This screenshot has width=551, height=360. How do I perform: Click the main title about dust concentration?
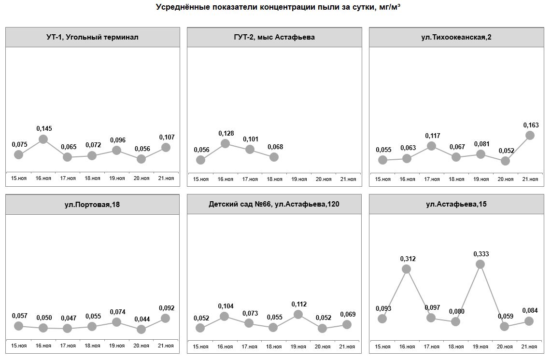coord(278,7)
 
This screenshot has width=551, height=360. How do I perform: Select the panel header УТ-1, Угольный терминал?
coord(92,37)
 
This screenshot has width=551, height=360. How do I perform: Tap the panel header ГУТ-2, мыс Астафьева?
coord(274,37)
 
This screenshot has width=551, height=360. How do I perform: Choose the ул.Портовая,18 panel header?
coord(92,205)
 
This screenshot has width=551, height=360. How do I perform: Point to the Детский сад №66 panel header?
coord(274,205)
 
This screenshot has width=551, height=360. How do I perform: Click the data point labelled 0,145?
coord(43,139)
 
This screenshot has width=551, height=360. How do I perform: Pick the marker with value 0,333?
coord(480,264)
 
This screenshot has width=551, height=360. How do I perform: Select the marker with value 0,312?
coord(407,269)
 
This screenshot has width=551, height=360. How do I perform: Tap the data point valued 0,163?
coord(530,136)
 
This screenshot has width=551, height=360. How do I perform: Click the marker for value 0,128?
coord(225,143)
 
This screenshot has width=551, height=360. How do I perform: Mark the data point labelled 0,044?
coord(141,329)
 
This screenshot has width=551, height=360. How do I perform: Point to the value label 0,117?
coord(433,136)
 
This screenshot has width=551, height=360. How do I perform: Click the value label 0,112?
coord(298,305)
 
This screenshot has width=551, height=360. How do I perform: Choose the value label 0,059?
coord(505,317)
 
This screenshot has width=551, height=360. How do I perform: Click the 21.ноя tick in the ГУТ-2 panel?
coord(348,180)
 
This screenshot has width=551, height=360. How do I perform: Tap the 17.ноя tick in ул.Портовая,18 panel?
coord(68,346)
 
